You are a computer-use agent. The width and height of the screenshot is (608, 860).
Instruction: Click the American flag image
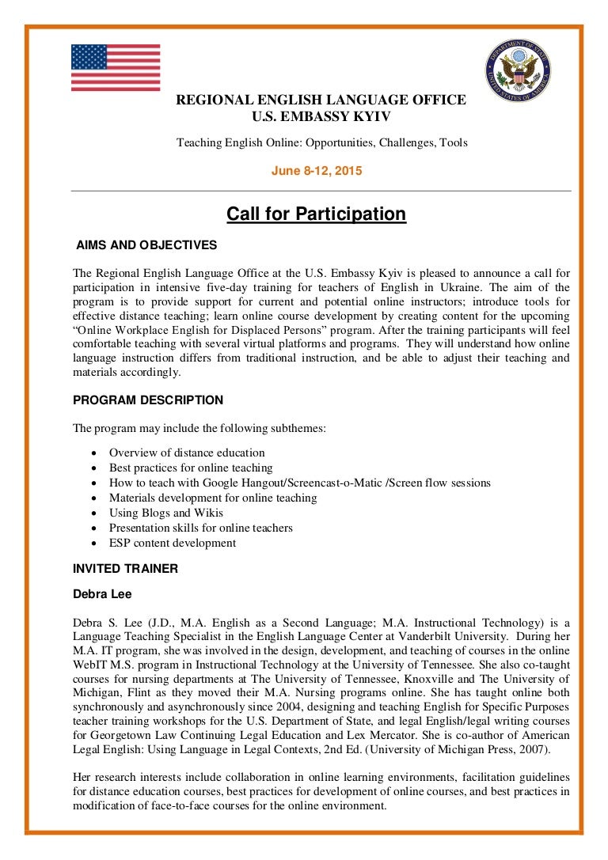tap(116, 68)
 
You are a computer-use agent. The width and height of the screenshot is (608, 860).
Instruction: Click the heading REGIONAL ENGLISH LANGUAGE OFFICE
tap(320, 100)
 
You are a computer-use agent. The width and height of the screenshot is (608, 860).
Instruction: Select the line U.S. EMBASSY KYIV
tap(321, 117)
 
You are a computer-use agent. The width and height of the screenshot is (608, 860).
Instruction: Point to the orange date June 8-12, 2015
tap(317, 170)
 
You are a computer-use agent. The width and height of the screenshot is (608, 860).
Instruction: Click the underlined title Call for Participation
tap(316, 214)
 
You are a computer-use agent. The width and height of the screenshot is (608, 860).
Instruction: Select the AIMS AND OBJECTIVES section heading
tap(146, 245)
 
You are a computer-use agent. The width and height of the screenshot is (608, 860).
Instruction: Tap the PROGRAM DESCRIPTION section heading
tap(148, 400)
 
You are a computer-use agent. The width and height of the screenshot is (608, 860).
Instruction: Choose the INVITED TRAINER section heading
tap(126, 568)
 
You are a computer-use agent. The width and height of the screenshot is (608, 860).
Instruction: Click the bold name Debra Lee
tap(103, 593)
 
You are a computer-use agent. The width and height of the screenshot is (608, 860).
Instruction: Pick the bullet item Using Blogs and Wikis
tap(166, 513)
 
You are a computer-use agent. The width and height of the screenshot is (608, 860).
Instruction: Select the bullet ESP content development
tap(173, 543)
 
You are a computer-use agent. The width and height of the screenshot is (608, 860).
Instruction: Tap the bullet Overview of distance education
tap(187, 453)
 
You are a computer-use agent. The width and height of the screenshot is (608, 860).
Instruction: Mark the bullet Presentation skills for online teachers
tap(201, 528)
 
